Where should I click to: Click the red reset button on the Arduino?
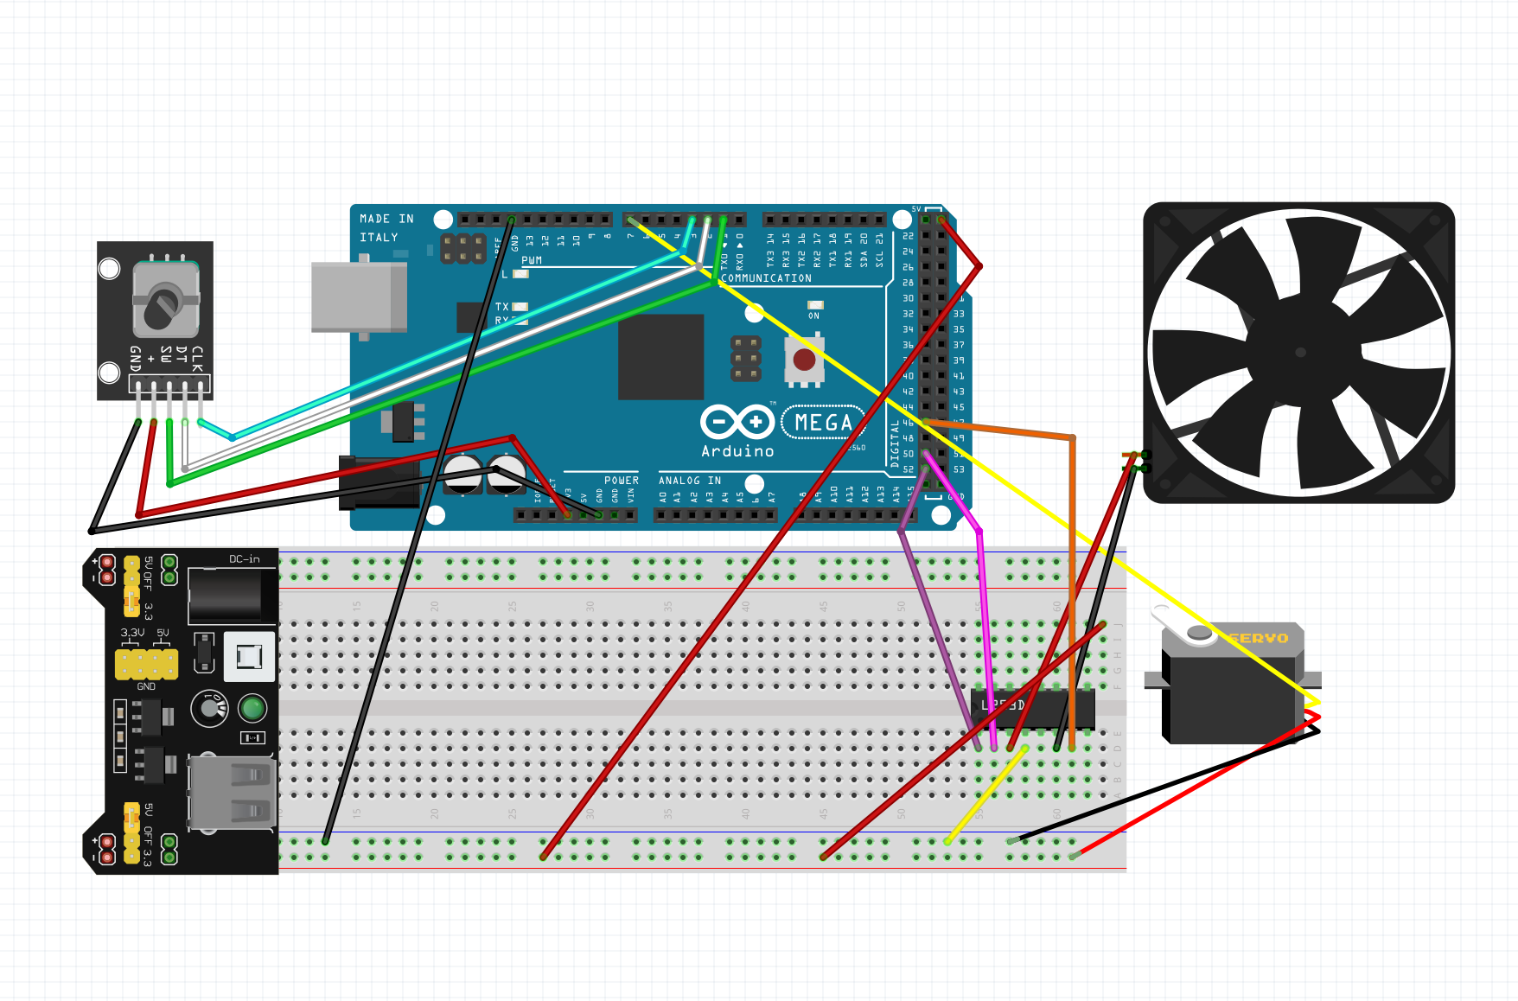point(804,360)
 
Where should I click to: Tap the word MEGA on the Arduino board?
point(823,423)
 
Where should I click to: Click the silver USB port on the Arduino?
point(358,296)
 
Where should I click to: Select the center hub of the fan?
point(1299,352)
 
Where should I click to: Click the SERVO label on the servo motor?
point(1259,638)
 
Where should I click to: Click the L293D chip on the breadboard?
point(1033,708)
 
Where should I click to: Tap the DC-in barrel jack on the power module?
point(224,594)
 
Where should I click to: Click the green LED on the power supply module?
point(252,709)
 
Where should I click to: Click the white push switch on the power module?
point(249,657)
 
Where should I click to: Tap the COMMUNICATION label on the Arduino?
point(766,278)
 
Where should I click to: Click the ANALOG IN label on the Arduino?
point(689,481)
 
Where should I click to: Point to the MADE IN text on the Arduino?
point(386,220)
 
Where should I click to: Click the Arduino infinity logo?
point(737,422)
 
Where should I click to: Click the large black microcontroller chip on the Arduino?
point(660,357)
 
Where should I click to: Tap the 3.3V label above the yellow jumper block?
point(132,633)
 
